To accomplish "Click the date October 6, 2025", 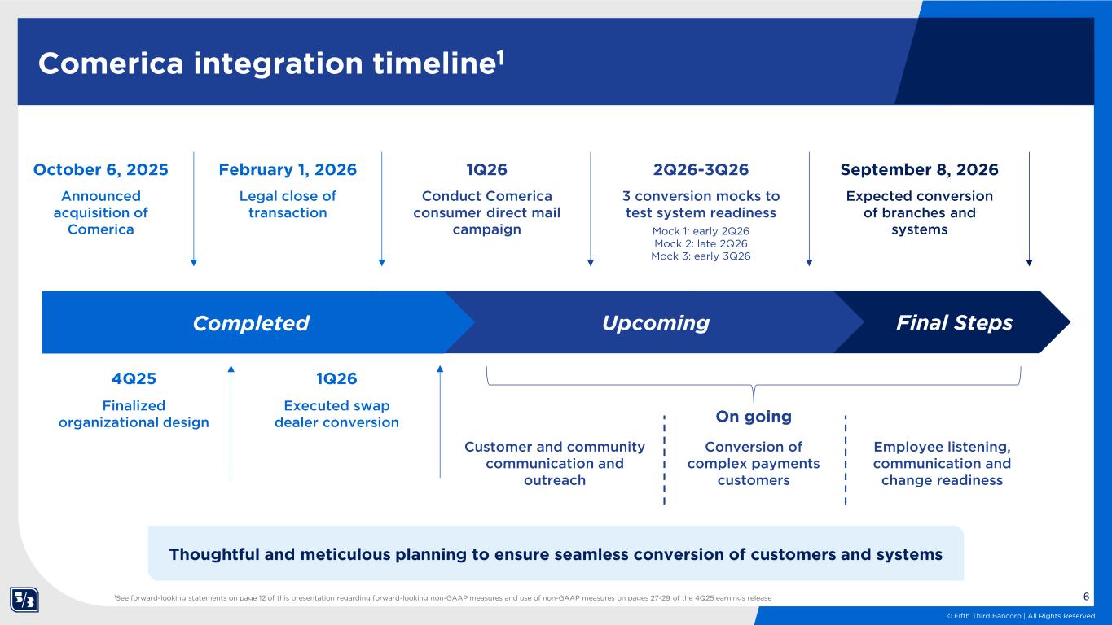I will click(x=100, y=170).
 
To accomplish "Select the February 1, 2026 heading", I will click(x=288, y=170).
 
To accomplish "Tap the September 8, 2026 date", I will click(x=919, y=170).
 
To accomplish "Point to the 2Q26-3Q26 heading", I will click(x=701, y=170).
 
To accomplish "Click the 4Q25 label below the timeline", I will click(x=134, y=378).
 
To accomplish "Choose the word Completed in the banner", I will click(x=251, y=323).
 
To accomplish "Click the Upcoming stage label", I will click(x=656, y=323).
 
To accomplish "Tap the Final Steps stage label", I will click(x=954, y=323).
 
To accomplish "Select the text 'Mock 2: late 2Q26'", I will click(x=701, y=243).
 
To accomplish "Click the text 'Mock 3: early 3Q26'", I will click(x=701, y=256).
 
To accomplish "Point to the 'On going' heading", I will click(x=753, y=417).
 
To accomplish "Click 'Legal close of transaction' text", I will click(x=288, y=204).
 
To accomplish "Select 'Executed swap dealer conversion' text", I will click(x=336, y=414).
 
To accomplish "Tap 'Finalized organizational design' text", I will click(x=134, y=414).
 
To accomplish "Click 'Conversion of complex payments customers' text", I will click(x=753, y=463).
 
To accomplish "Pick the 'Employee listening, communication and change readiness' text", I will click(x=942, y=463).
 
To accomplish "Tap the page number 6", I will click(x=1087, y=597).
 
